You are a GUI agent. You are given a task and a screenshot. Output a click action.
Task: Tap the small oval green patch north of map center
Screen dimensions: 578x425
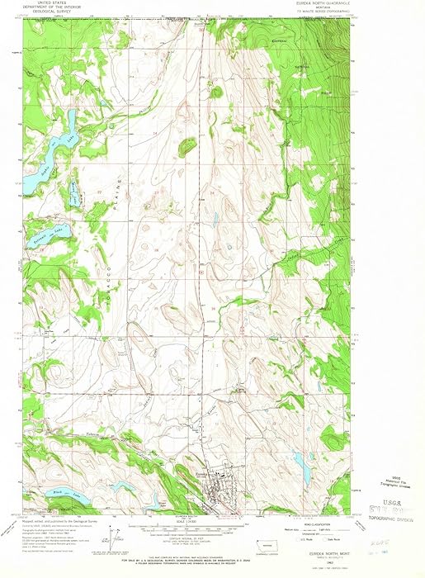[188, 147]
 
